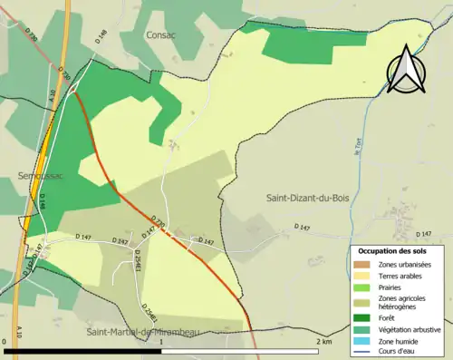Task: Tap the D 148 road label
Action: coord(102,36)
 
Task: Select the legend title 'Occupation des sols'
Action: coord(393,250)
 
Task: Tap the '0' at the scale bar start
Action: coord(6,342)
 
